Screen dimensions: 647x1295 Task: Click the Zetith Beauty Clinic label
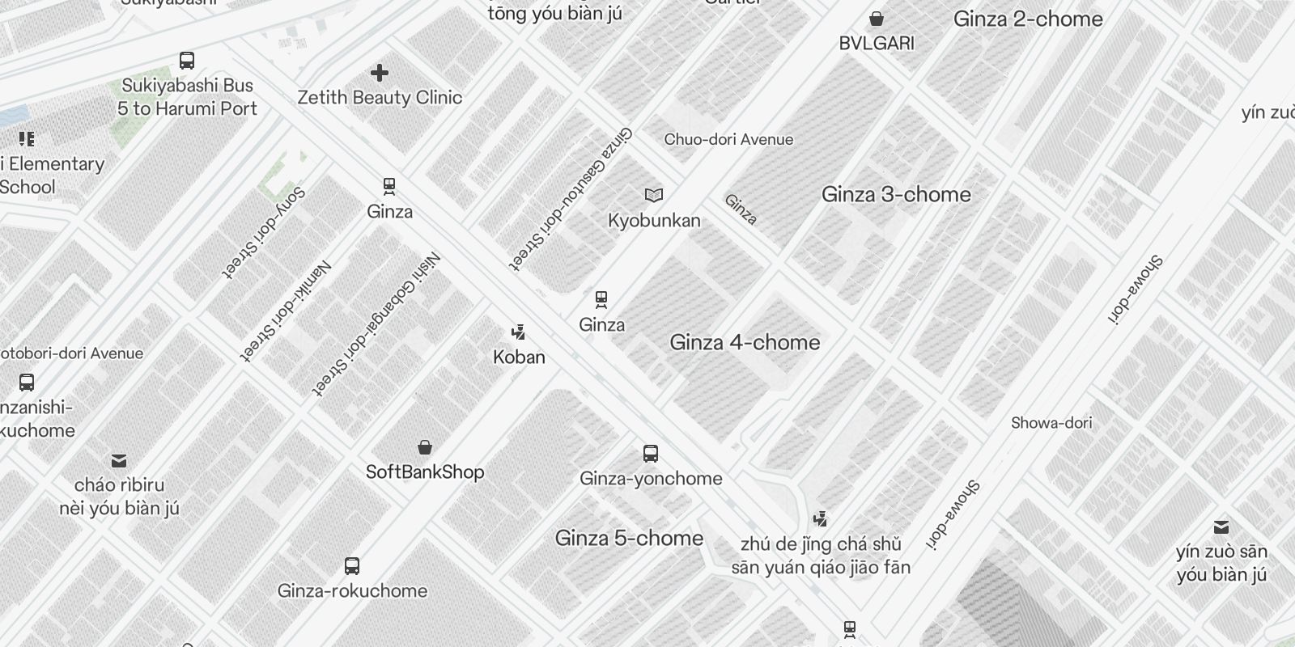point(380,98)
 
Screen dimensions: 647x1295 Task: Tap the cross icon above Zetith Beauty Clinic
point(380,74)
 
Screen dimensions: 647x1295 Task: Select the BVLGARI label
point(877,44)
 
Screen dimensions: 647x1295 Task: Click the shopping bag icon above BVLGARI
point(877,19)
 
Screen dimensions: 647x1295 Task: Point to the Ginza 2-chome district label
point(1028,19)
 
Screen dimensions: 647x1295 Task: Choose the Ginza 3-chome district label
point(896,195)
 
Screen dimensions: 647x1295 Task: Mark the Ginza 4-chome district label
point(745,343)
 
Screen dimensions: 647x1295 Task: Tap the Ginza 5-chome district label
point(629,539)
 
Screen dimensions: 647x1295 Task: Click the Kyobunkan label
point(654,221)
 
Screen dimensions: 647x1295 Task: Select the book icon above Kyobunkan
point(654,195)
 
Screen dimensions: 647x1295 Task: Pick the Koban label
point(519,357)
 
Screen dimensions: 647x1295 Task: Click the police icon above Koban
point(519,332)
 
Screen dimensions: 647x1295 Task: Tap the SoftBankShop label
point(425,472)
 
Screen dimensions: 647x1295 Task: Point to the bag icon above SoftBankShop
point(425,447)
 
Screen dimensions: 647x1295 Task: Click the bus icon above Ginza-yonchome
point(651,453)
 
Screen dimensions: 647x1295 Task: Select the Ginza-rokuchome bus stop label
point(352,591)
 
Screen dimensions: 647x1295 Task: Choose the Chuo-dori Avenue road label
point(728,140)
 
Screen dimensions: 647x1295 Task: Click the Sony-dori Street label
point(264,233)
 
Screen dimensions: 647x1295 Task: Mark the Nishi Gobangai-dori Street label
point(377,325)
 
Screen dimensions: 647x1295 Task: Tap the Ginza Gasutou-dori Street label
point(571,198)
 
